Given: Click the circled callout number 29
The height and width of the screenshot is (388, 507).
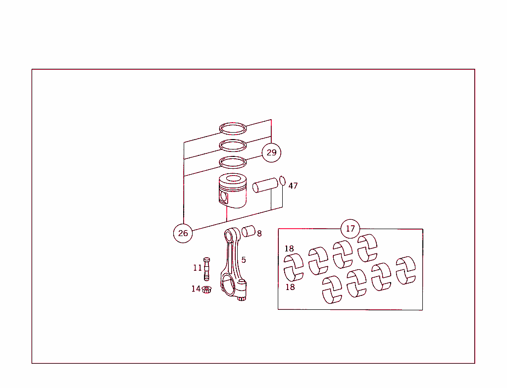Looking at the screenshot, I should point(271,152).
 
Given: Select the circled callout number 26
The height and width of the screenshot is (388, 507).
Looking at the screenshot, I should point(183,233).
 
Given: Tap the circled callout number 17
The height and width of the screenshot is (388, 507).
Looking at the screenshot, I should point(351,229).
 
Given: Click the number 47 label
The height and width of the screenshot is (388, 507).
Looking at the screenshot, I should point(293,186).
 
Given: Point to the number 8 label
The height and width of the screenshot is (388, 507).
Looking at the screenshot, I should point(259,234).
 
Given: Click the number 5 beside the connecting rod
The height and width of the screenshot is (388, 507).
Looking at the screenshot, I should point(244,260).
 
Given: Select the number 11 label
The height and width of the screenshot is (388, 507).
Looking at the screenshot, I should point(198,268).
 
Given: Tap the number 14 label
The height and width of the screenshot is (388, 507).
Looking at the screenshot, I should point(196,289).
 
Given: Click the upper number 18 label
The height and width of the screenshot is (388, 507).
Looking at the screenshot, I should point(289,249).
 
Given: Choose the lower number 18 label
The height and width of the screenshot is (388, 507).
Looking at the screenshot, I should point(290,287).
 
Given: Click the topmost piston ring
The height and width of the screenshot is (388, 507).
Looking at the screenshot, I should point(233,128).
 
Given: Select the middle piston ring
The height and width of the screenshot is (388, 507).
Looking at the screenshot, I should point(233,145).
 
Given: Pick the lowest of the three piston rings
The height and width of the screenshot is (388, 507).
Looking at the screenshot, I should point(233,162).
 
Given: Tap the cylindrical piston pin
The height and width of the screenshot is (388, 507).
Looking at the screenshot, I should point(265,186).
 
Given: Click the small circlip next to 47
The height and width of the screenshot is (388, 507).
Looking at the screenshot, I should point(283,180).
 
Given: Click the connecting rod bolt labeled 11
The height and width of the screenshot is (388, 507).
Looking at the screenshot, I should point(206,269).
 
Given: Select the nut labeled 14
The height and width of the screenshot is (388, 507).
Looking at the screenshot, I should point(207,289).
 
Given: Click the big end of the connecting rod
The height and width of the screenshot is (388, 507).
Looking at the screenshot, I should point(230,286).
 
